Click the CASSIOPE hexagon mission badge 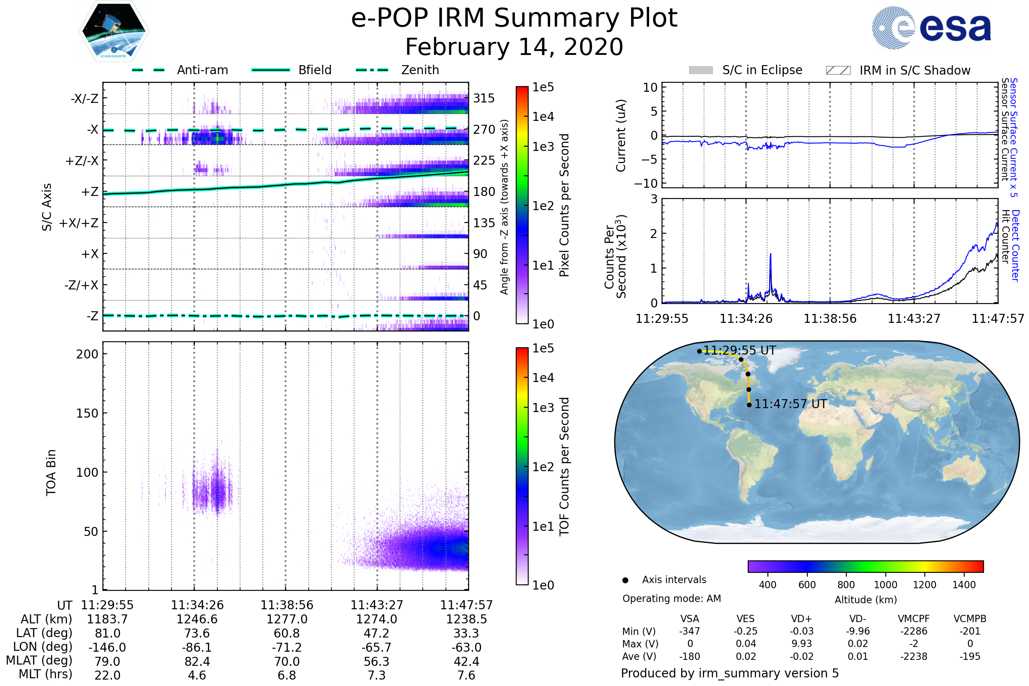point(114,31)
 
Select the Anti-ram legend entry point(202,70)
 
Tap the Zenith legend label point(420,70)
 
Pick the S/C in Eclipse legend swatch point(701,70)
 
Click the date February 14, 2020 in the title point(514,47)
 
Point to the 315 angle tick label point(484,99)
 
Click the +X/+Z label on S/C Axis point(79,223)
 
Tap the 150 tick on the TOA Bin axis point(87,413)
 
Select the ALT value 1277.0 point(287,620)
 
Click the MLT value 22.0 point(107,675)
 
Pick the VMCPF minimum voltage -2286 point(914,631)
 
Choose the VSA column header point(689,619)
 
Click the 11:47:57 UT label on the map point(791,404)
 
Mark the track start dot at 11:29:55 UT point(700,351)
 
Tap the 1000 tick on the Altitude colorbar point(885,585)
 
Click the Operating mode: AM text point(671,599)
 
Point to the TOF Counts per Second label point(564,466)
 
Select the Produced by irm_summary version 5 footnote point(730,673)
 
